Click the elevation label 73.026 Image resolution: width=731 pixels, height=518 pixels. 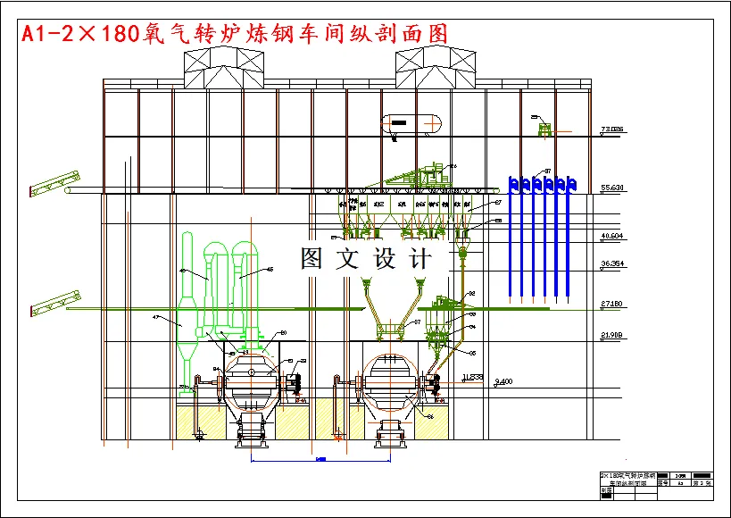tap(612, 129)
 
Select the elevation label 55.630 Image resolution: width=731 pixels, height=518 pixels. tap(612, 188)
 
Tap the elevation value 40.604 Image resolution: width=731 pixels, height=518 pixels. tap(612, 236)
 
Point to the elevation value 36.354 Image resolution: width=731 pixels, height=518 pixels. tap(612, 264)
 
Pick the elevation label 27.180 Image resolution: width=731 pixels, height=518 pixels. tap(612, 305)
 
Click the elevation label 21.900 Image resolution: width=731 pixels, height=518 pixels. tap(612, 335)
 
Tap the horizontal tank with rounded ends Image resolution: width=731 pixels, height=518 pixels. tap(411, 123)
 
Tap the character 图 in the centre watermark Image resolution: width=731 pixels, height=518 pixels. tap(312, 259)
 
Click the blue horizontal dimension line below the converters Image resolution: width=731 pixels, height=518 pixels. tap(321, 460)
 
